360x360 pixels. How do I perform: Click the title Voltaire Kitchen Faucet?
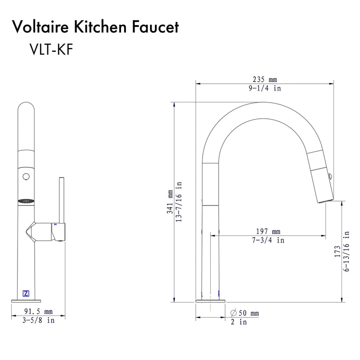(x=96, y=27)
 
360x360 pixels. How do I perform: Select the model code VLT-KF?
(x=50, y=49)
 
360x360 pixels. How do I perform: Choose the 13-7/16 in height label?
(x=180, y=201)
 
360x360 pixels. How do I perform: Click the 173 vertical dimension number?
(x=337, y=251)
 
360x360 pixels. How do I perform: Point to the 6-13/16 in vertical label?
(x=346, y=251)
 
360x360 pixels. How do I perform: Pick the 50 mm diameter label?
(x=248, y=313)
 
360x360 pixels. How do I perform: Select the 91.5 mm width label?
(x=38, y=311)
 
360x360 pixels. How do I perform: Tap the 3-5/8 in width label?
(x=38, y=320)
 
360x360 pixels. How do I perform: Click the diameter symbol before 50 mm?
(x=234, y=313)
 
